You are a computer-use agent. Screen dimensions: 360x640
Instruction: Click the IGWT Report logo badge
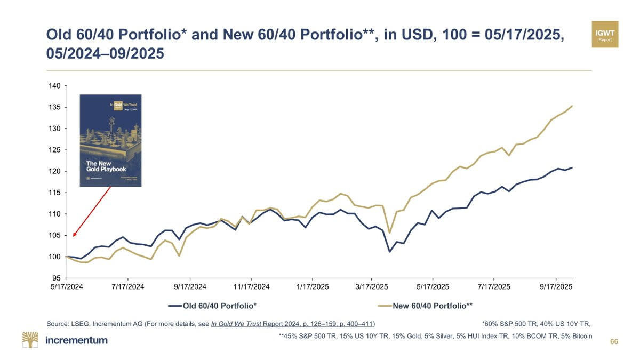coord(605,35)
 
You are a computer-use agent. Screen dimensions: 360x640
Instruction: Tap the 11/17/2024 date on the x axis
coord(251,287)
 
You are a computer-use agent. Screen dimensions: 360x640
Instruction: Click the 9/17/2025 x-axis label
coord(556,287)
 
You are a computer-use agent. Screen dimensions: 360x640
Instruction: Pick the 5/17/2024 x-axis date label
coord(67,287)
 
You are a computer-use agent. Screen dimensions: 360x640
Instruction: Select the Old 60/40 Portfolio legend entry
coord(212,306)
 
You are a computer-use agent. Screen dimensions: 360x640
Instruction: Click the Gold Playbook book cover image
coord(110,140)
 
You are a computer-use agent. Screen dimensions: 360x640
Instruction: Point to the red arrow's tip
coord(74,236)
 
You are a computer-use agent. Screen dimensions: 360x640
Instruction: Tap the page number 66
coord(614,341)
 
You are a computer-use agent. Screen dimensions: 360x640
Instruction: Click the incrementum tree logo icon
coord(30,340)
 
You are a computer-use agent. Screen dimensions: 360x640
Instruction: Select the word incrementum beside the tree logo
coord(77,340)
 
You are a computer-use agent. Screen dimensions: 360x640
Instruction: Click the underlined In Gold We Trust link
coord(246,323)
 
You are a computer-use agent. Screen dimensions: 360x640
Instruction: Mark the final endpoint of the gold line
coord(572,106)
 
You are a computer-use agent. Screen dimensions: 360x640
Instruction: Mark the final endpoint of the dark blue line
coord(572,167)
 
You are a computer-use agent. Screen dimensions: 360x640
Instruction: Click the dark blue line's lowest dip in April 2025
coord(390,251)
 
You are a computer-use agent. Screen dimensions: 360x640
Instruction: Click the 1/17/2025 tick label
coord(312,287)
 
